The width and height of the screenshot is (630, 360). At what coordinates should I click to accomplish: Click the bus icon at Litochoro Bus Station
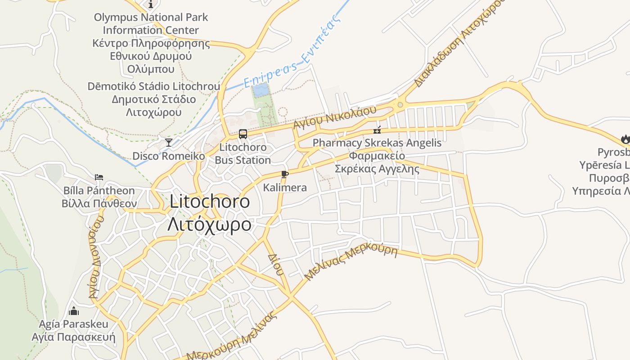243,134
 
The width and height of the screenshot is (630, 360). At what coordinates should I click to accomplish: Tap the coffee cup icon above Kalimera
284,174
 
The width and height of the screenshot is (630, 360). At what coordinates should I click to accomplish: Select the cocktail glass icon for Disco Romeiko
169,143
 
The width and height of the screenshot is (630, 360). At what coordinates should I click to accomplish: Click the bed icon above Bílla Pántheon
99,177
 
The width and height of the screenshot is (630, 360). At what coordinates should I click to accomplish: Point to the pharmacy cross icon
377,130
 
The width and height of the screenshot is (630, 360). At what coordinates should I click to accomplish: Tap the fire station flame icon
625,139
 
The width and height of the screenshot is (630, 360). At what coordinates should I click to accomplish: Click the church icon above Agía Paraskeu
73,311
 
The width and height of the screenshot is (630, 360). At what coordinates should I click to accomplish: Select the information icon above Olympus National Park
151,4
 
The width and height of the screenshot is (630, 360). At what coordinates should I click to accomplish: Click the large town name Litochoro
210,202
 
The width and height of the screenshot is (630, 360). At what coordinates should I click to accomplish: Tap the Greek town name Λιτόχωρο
209,224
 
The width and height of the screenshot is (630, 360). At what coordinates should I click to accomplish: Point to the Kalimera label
285,187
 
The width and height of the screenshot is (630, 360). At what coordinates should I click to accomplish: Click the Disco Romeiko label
168,156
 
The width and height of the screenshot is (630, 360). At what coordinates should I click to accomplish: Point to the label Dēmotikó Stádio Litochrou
154,86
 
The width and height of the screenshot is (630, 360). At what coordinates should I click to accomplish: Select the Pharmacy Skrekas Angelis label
377,143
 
